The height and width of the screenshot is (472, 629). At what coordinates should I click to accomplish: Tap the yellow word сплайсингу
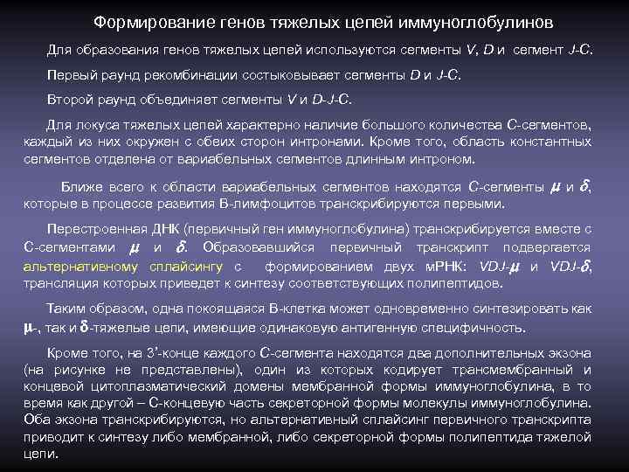click(x=188, y=266)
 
